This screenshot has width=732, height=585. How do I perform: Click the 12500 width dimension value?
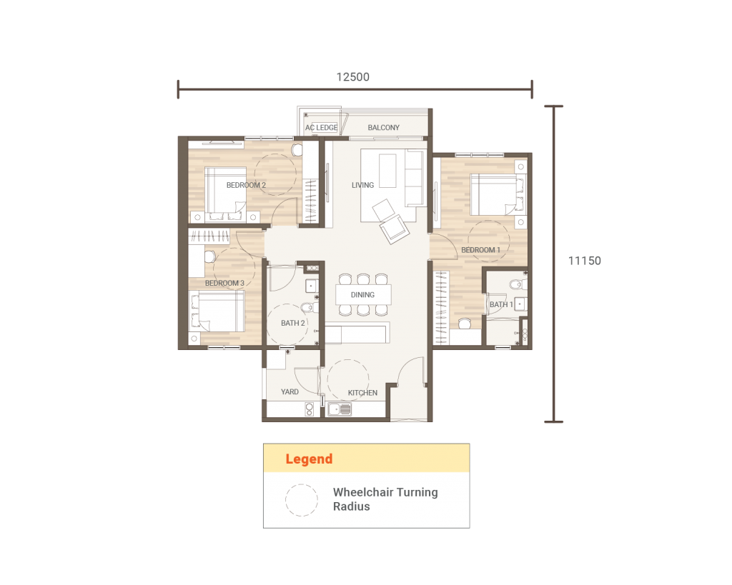click(353, 77)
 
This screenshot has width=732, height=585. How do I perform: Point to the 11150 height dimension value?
click(584, 261)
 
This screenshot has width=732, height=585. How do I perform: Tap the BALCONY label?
click(384, 128)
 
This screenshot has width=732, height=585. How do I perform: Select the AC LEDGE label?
click(321, 128)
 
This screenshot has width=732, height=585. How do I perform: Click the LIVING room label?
click(362, 185)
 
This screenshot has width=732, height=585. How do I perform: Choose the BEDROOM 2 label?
click(246, 185)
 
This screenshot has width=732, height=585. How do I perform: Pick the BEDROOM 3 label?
click(224, 283)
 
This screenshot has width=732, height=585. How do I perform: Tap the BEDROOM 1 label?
click(480, 250)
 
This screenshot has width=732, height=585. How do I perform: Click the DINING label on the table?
click(362, 294)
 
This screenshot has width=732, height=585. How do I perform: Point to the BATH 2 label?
click(292, 323)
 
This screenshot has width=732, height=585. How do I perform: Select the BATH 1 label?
click(500, 305)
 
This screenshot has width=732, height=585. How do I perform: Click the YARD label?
click(290, 391)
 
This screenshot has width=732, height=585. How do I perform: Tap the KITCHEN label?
click(362, 393)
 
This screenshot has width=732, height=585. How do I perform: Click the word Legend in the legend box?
click(309, 459)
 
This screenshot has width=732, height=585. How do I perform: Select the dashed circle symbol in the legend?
click(302, 500)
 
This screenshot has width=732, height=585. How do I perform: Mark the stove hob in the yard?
click(310, 409)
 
